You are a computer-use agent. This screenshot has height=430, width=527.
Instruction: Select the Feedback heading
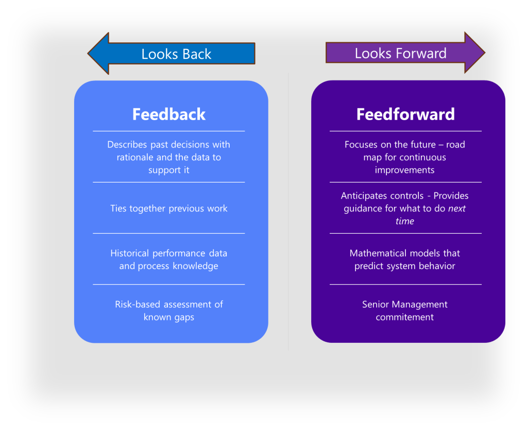pos(169,114)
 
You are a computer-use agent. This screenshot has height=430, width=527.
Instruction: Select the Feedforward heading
pos(405,114)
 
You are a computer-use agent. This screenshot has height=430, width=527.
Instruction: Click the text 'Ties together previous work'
pos(169,208)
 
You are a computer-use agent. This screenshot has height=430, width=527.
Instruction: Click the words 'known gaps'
pos(169,317)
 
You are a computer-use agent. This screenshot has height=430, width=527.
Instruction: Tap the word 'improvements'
pos(405,170)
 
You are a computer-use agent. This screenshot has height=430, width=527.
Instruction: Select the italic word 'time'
pos(405,221)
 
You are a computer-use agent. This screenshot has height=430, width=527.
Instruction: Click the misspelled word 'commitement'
pos(405,317)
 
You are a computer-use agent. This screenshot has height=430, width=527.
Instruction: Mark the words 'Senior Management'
pos(405,304)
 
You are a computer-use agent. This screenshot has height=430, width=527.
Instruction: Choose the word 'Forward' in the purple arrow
pos(422,53)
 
